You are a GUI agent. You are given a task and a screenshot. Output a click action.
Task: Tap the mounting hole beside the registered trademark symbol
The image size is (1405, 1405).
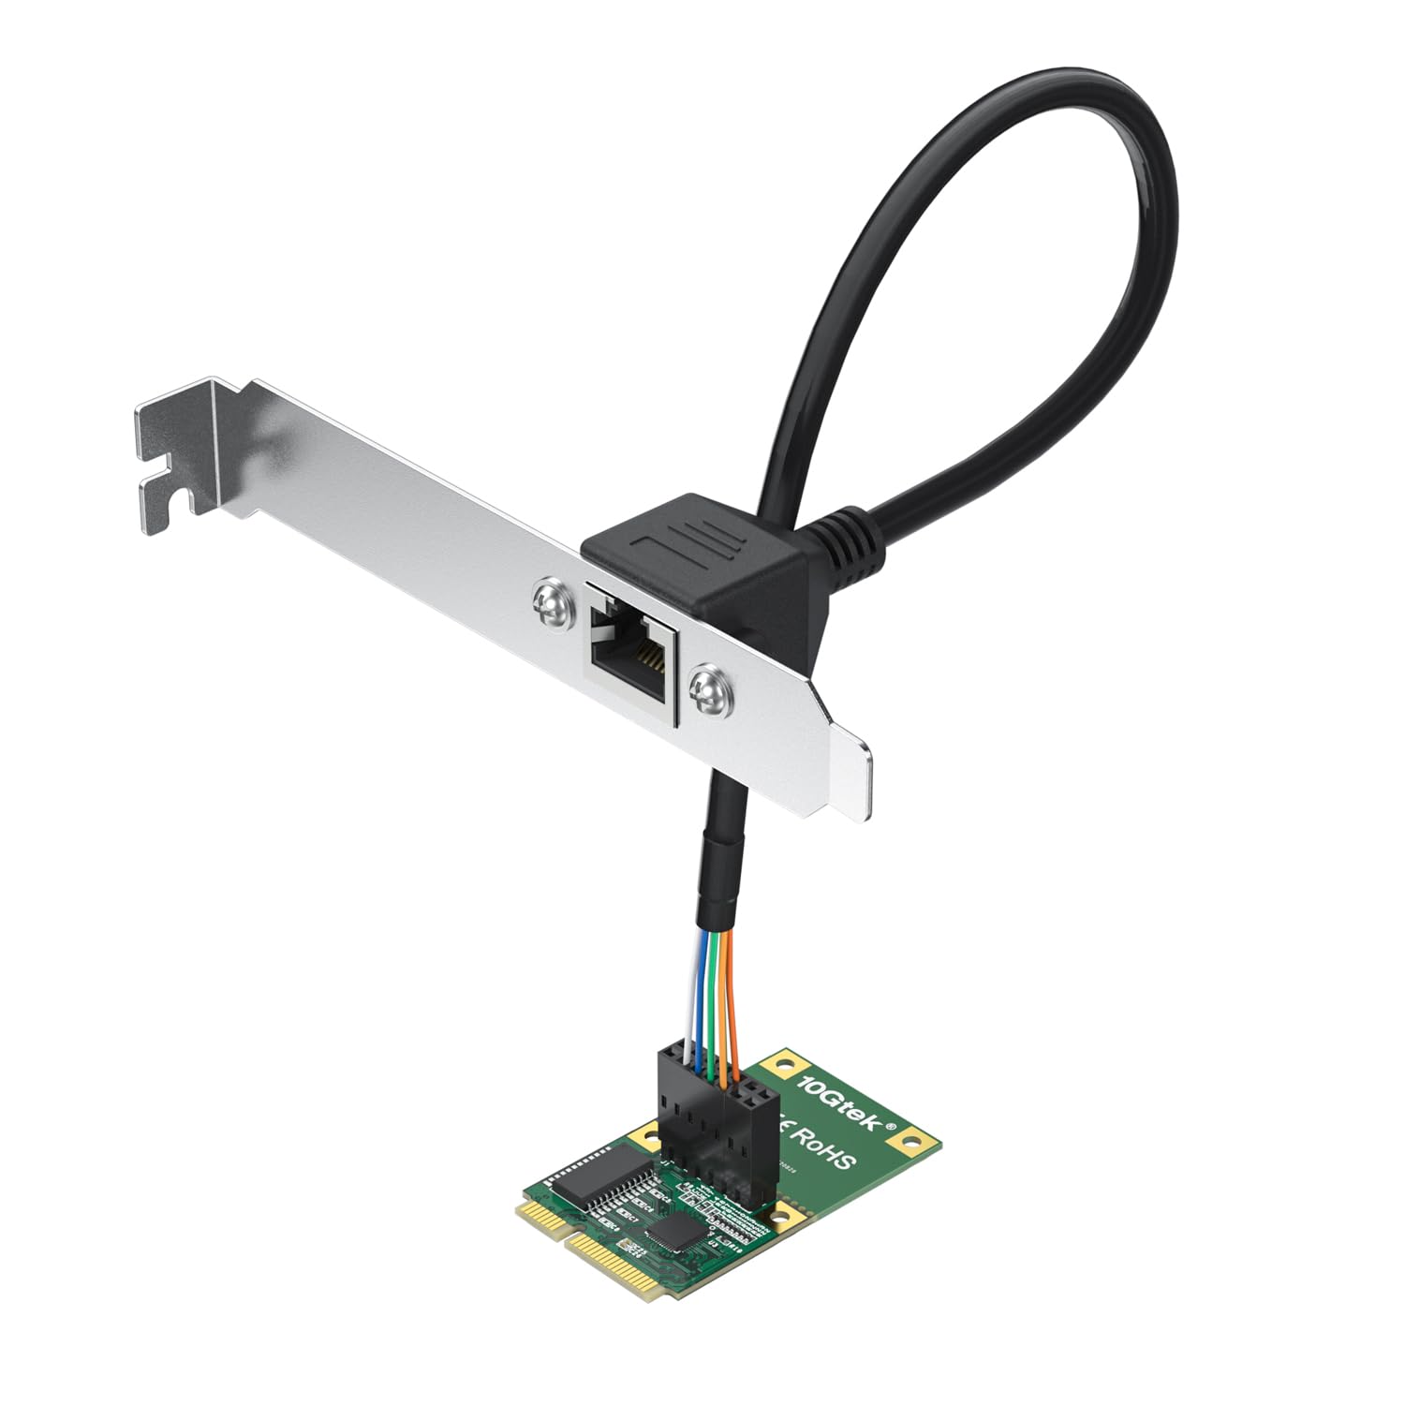coord(907,1142)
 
